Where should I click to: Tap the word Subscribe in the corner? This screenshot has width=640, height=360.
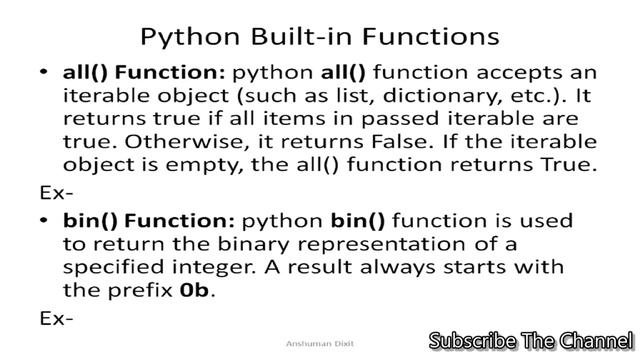[473, 341]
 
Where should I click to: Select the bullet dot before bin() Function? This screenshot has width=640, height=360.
[44, 220]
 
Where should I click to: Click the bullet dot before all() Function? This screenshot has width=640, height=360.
[44, 74]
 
